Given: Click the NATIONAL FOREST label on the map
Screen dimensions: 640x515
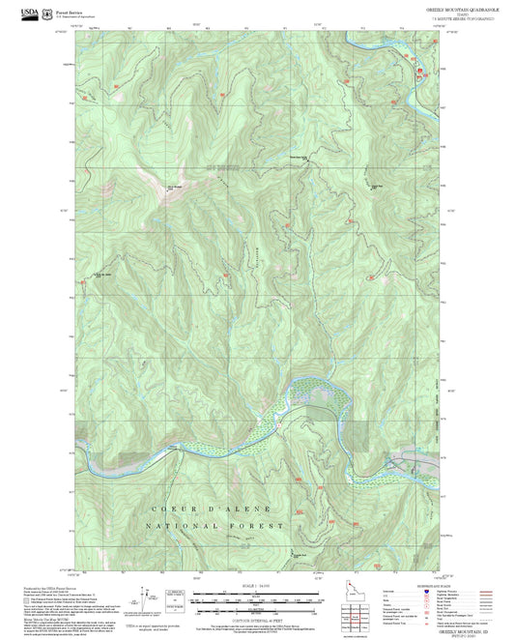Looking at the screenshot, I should (x=215, y=525).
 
